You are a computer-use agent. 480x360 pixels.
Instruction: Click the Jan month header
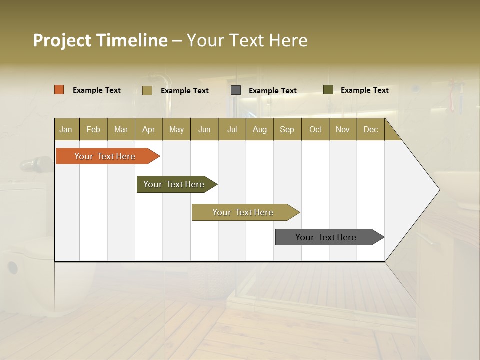click(x=66, y=129)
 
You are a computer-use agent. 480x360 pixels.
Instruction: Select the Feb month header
click(x=93, y=129)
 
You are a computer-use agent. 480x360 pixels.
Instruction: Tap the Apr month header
click(x=148, y=129)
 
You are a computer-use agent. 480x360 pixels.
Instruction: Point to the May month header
click(x=176, y=129)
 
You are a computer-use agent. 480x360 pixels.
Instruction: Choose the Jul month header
click(x=232, y=129)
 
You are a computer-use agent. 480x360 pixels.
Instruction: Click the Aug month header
click(x=259, y=129)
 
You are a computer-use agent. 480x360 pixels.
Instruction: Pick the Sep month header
click(x=287, y=129)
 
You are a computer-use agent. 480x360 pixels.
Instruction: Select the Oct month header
click(x=315, y=129)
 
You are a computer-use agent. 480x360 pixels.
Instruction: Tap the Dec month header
click(x=370, y=129)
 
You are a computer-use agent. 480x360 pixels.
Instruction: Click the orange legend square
click(x=59, y=90)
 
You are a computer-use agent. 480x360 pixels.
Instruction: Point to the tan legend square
click(x=147, y=90)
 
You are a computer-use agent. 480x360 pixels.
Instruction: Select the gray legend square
click(x=236, y=90)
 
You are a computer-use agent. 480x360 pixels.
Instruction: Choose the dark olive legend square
click(x=328, y=90)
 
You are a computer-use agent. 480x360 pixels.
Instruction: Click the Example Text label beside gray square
click(x=272, y=91)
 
